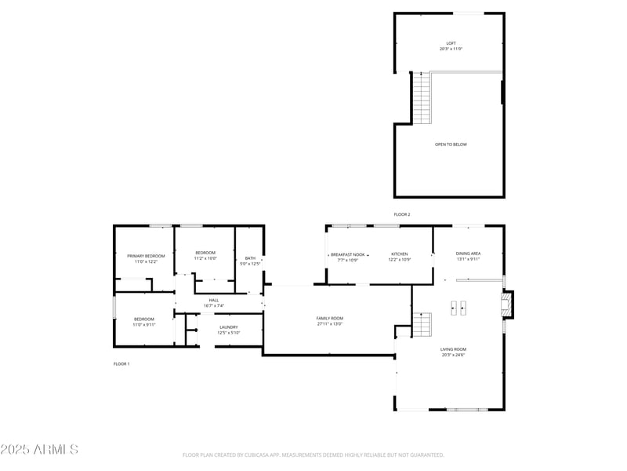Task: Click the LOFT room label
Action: (451, 43)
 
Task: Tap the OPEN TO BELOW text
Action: (451, 144)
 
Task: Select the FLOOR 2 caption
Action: (402, 214)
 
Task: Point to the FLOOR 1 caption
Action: (121, 364)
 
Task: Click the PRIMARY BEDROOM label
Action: (146, 256)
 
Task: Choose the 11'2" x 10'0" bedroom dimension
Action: (205, 258)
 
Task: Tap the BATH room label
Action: (250, 258)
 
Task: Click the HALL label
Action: (214, 300)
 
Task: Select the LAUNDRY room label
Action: (229, 327)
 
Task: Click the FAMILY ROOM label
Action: (330, 318)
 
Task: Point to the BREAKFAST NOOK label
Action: (347, 254)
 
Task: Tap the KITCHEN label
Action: (400, 254)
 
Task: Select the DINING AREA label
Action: (468, 254)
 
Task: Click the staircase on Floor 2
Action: (422, 97)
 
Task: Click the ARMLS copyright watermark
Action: (39, 450)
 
